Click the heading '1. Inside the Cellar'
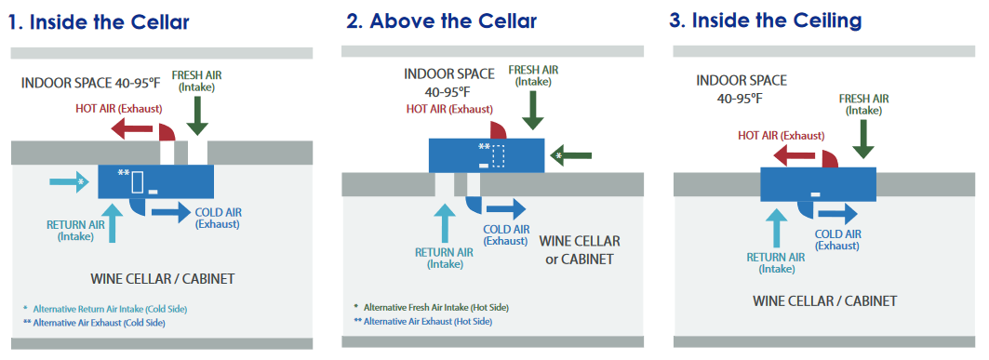point(99,22)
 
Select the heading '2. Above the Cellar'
point(442,21)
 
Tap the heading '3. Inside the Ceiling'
point(765,20)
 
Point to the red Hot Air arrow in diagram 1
point(132,130)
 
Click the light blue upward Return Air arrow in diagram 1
point(113,222)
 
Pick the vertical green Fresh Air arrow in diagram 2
point(534,111)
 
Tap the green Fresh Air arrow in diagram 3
point(863,138)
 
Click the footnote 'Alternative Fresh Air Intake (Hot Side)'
point(431,308)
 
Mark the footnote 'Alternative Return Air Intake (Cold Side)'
point(105,309)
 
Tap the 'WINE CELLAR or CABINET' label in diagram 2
point(580,249)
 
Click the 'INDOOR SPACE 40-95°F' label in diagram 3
point(742,89)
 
